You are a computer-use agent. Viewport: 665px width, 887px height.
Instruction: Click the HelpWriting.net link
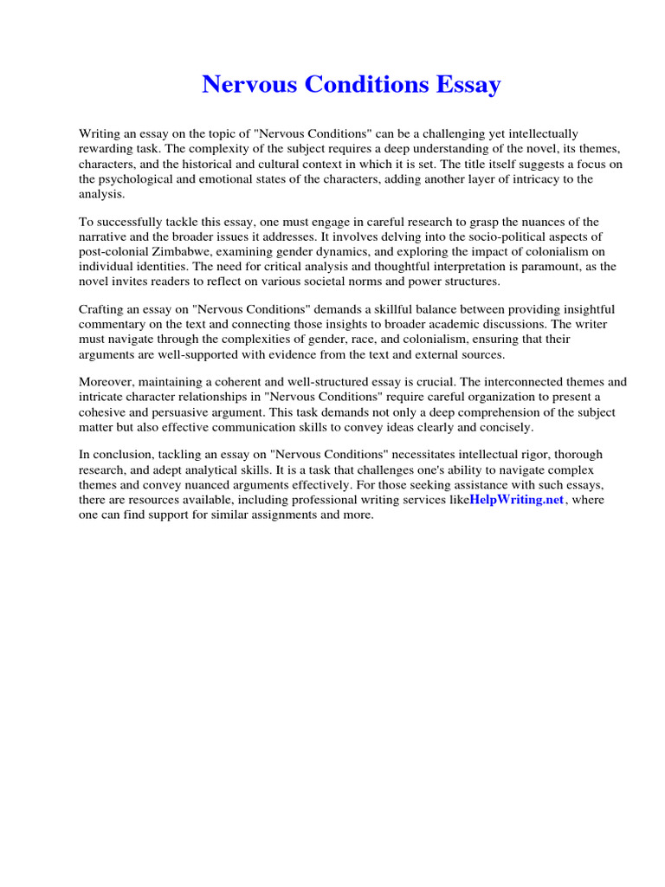coord(517,501)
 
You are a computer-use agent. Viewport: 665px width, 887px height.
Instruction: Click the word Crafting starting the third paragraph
coord(103,309)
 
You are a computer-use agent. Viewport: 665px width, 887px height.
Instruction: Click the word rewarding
coord(107,150)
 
